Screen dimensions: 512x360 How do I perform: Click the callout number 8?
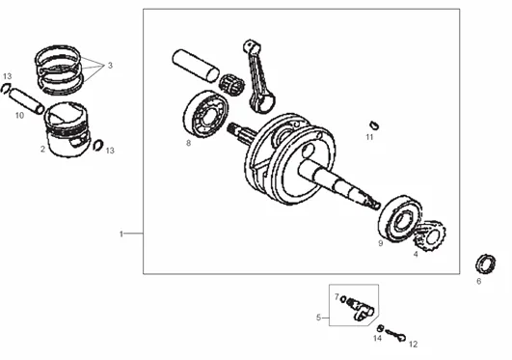(x=188, y=143)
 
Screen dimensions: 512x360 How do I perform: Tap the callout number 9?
(x=381, y=243)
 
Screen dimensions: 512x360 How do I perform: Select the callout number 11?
(x=369, y=137)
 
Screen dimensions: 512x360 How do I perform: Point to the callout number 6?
(x=478, y=281)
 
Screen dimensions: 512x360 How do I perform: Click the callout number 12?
(x=413, y=345)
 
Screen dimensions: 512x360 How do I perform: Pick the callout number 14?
(x=377, y=338)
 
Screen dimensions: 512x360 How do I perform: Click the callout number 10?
(x=19, y=115)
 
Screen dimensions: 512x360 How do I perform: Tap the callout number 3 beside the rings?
(x=110, y=66)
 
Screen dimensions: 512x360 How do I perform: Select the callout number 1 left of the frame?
(x=121, y=235)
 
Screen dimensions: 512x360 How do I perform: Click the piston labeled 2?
(x=67, y=129)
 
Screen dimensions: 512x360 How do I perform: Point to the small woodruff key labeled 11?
(x=374, y=125)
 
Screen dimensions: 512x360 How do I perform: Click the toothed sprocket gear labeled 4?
(x=430, y=236)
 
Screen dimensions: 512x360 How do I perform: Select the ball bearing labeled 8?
(x=205, y=114)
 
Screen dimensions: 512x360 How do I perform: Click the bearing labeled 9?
(x=400, y=218)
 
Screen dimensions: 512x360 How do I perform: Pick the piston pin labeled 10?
(x=26, y=101)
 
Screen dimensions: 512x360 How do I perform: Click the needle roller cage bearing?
(x=231, y=84)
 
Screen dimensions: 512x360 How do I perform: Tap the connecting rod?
(x=258, y=77)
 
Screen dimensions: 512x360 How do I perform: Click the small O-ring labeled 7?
(x=343, y=299)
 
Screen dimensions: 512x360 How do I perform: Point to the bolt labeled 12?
(x=395, y=335)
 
